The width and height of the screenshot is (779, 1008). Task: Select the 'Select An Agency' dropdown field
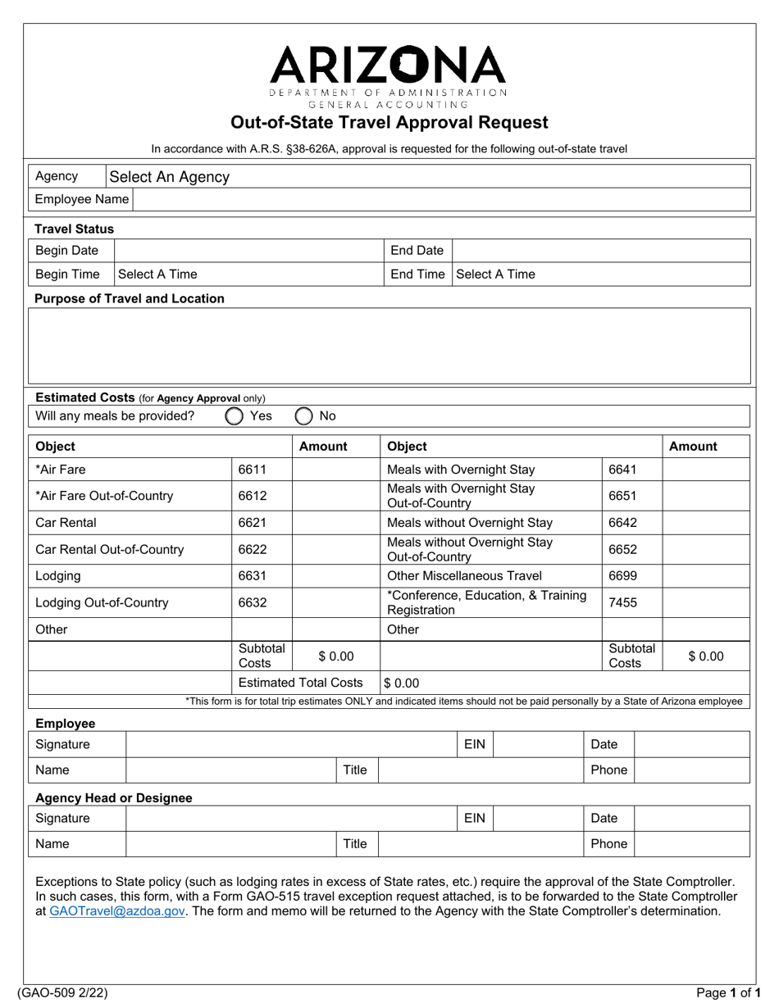[x=426, y=176]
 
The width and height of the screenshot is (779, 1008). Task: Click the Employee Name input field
[x=440, y=199]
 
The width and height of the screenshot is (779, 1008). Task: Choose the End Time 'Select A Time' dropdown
[x=600, y=275]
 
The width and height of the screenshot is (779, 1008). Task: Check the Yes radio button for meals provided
[x=235, y=416]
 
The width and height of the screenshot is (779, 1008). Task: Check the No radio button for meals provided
[x=303, y=416]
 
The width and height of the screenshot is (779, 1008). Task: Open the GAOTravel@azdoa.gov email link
[x=118, y=911]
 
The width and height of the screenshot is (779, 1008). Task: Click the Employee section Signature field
[x=289, y=745]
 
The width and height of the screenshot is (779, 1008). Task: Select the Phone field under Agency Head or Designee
[x=692, y=843]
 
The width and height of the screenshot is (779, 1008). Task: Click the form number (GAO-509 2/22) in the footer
[x=69, y=994]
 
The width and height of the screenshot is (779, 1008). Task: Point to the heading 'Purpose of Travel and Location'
[x=130, y=298]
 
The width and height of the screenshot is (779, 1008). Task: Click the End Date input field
[x=600, y=251]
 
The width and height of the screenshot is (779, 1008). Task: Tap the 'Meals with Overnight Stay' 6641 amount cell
[x=705, y=470]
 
